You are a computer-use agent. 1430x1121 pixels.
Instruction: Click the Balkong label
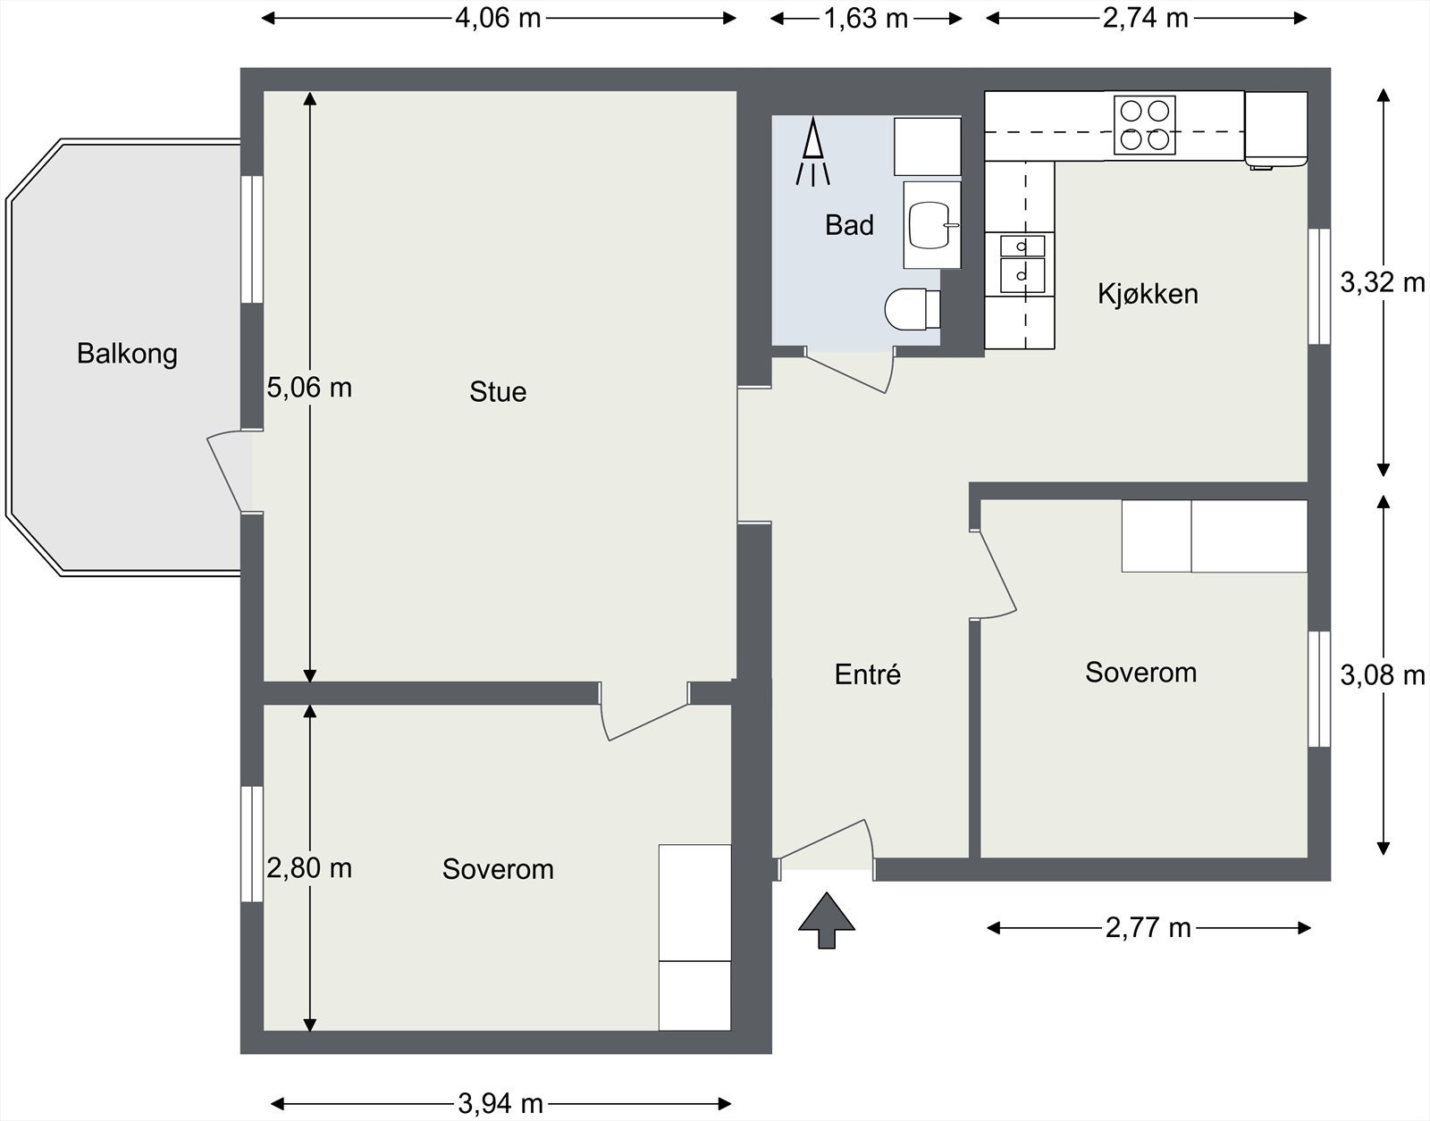[127, 355]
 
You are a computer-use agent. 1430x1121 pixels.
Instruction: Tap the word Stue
[498, 392]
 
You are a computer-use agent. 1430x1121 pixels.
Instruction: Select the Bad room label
[849, 225]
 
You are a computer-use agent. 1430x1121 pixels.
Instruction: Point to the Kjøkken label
[1148, 294]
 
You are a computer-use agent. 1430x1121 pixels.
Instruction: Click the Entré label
[867, 674]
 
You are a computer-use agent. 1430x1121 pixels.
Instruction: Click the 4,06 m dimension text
[498, 19]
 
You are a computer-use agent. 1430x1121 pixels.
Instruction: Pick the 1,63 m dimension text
[865, 19]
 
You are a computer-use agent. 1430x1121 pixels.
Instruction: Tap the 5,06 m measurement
[309, 388]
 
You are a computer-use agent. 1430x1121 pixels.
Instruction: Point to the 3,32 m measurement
[1383, 283]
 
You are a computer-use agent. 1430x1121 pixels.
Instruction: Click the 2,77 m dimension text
[1148, 928]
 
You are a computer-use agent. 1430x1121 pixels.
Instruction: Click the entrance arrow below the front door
[827, 920]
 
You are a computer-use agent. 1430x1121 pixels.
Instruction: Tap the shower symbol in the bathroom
[813, 152]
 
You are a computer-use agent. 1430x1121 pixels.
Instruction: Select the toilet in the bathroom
[913, 309]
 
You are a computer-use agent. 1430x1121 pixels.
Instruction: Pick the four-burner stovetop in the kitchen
[1144, 126]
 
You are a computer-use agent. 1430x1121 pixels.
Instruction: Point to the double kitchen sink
[1022, 264]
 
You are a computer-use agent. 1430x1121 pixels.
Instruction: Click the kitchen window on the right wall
[1319, 287]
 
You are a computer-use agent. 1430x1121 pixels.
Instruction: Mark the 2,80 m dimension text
[309, 868]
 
